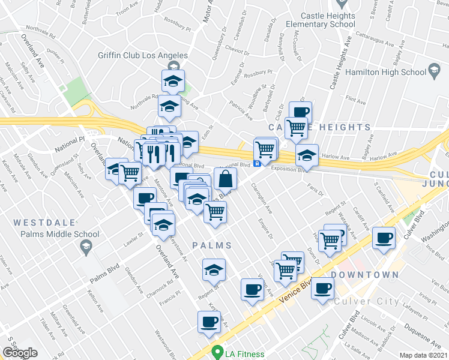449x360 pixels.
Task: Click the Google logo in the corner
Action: (20, 353)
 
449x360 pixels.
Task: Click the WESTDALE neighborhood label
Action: (41, 222)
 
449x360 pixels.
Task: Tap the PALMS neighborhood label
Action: (212, 245)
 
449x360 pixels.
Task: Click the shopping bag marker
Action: (225, 178)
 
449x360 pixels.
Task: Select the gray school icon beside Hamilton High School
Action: (435, 72)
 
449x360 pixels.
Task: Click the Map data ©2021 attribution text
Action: (424, 355)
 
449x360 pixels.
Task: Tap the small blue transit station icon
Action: (257, 163)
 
